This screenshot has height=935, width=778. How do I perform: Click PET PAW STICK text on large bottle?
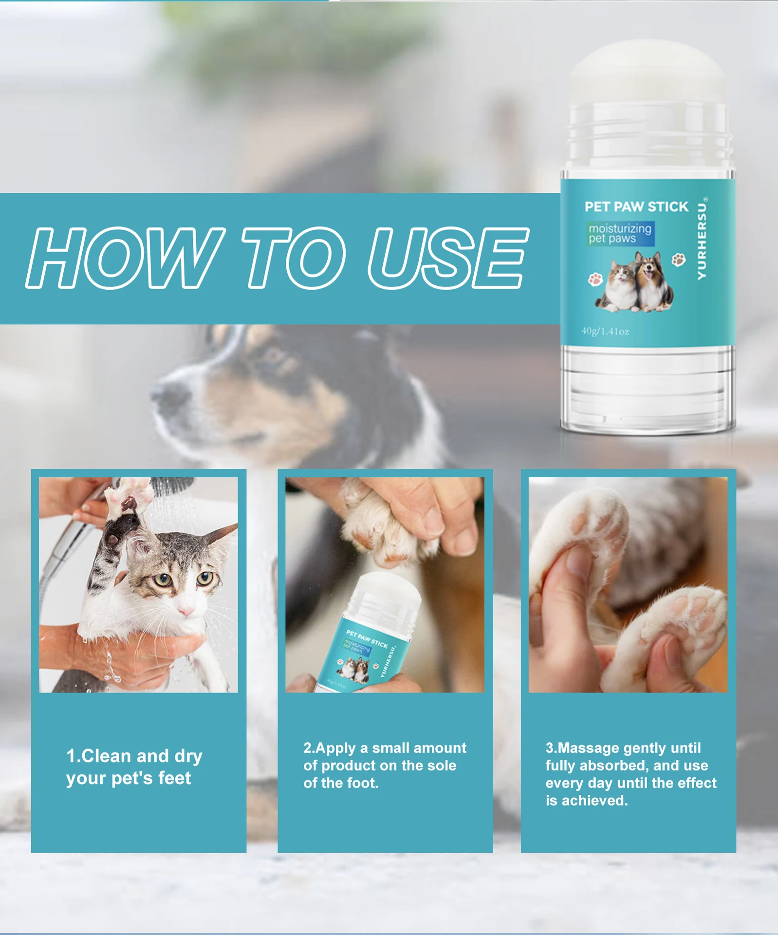636,207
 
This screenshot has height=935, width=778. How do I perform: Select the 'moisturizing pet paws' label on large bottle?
620,233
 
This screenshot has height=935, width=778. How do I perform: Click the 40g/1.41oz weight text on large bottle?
605,332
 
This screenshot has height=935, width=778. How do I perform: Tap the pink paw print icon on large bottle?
595,279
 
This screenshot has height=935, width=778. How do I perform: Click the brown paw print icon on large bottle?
679,260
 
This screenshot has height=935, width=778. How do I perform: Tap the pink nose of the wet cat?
185,611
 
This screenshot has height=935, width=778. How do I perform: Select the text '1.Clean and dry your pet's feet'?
134,767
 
